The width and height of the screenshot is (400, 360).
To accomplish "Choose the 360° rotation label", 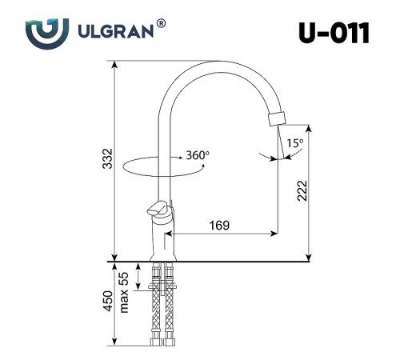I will (x=197, y=154).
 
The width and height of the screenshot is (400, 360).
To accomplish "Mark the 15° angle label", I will (x=294, y=143).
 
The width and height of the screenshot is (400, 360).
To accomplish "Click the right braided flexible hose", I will (x=170, y=308).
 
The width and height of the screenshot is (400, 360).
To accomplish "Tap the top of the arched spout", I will (x=216, y=65).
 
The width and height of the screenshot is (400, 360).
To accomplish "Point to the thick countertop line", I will (x=240, y=261).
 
